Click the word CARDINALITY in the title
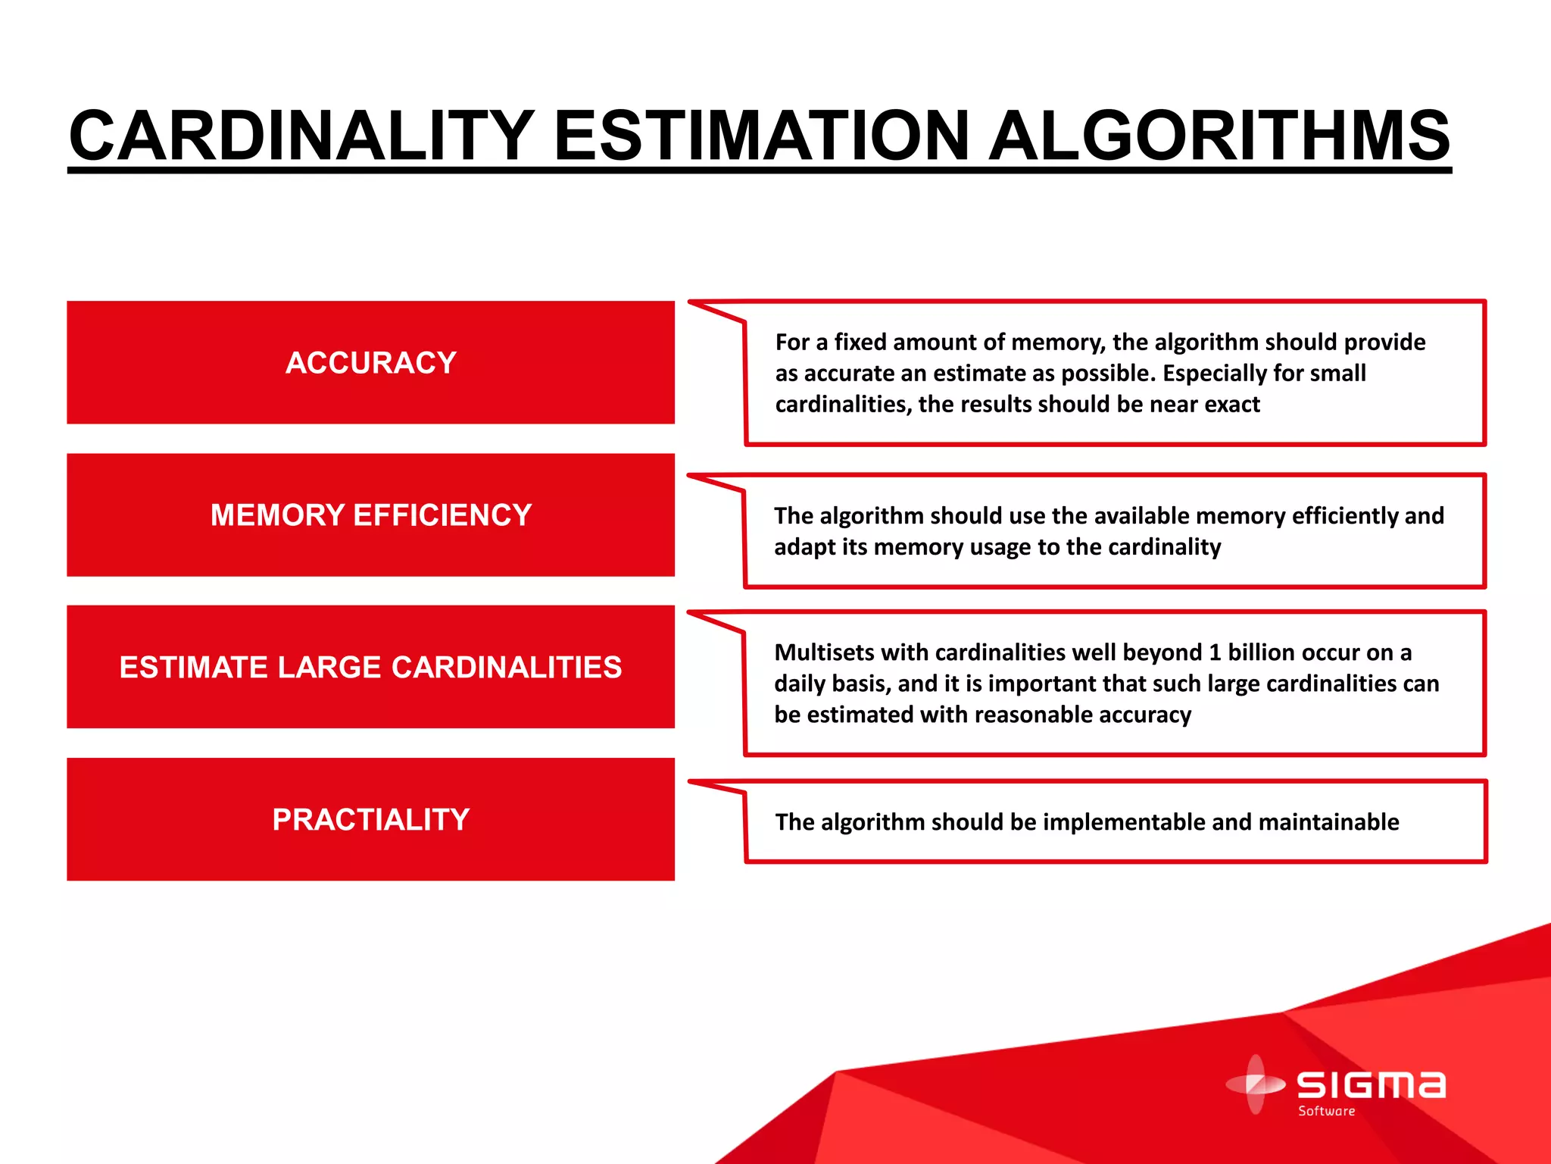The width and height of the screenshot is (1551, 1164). pos(301,136)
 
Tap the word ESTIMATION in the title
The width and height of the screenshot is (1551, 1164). pos(762,136)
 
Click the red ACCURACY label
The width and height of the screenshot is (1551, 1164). pos(370,363)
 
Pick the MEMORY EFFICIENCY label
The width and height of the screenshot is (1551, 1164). pos(370,515)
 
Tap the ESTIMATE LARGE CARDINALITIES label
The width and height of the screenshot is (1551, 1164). pos(370,668)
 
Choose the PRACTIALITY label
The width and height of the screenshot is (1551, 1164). pos(370,820)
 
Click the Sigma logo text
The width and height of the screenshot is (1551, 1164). pos(1371,1085)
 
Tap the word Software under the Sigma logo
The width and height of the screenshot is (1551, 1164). pos(1326,1112)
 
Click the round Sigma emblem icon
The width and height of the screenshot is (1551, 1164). pos(1255,1084)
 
